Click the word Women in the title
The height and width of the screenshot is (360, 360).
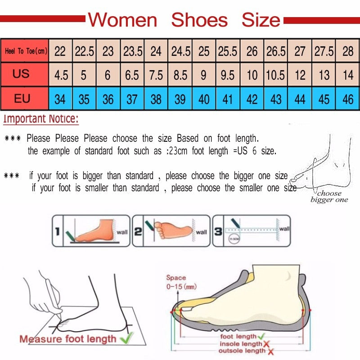click(122, 20)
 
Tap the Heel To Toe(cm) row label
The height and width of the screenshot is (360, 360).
click(26, 51)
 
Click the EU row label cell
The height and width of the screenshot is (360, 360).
click(22, 98)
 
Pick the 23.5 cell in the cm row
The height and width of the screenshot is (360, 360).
click(132, 51)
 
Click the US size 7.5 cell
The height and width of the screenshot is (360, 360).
click(156, 74)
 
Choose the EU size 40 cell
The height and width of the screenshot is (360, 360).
click(204, 99)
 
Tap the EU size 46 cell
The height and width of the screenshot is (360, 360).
click(348, 99)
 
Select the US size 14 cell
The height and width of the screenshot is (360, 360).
click(348, 74)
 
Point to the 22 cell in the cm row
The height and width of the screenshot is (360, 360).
click(60, 51)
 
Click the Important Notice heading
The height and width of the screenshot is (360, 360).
click(41, 119)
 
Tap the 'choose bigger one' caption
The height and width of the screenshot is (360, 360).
click(329, 197)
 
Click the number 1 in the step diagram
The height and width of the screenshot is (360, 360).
click(57, 232)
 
